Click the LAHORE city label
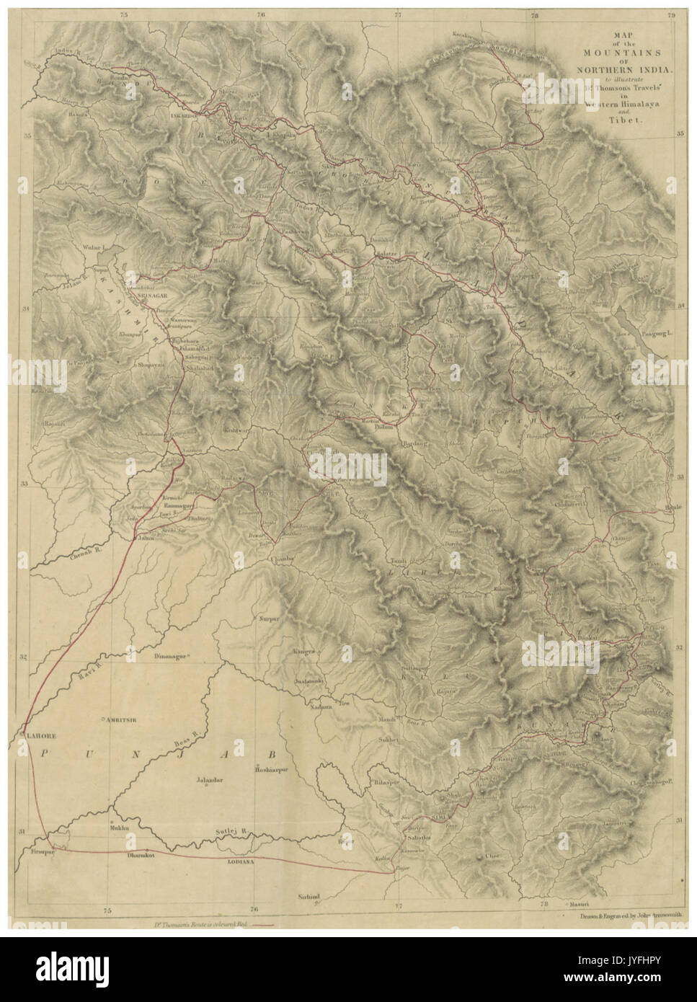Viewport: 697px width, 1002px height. coord(43,736)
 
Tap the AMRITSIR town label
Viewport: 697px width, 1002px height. coord(121,719)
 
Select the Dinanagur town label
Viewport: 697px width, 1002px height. coord(169,657)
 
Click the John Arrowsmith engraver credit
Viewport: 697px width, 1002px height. coord(621,918)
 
